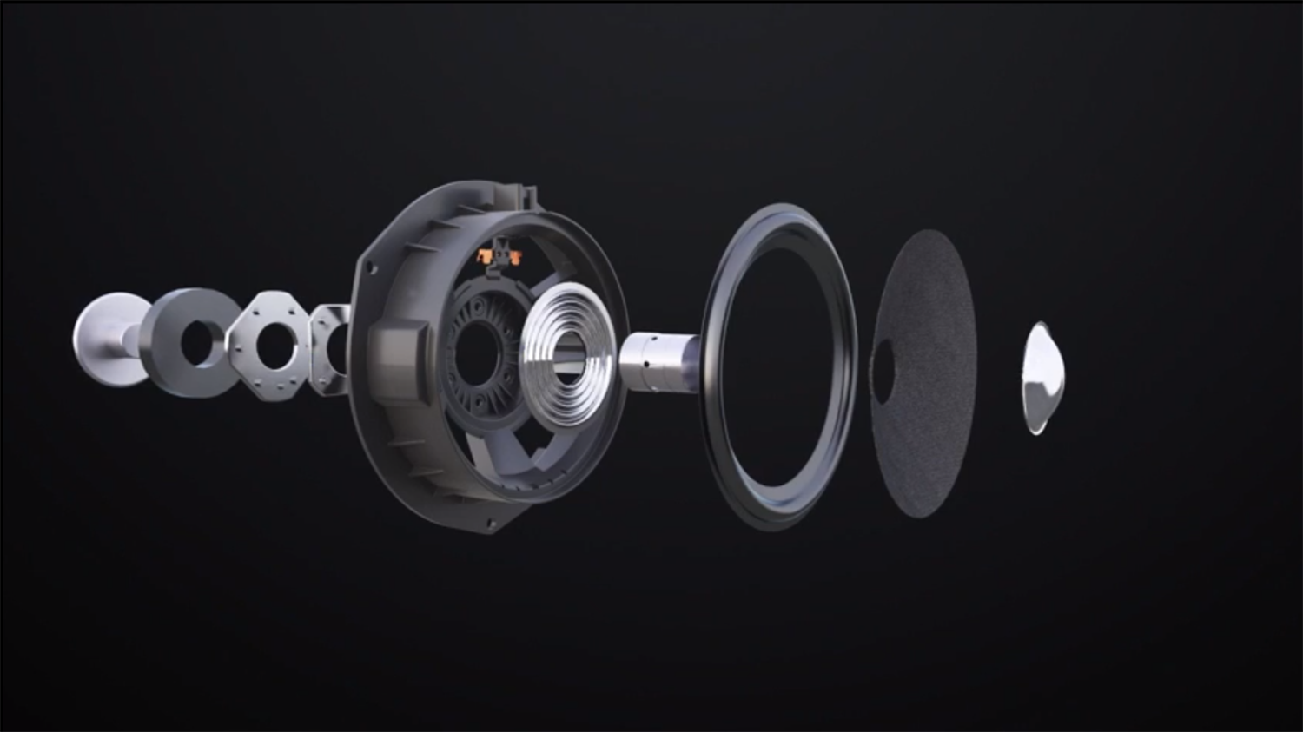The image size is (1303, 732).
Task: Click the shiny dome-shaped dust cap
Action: click(x=1041, y=378)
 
